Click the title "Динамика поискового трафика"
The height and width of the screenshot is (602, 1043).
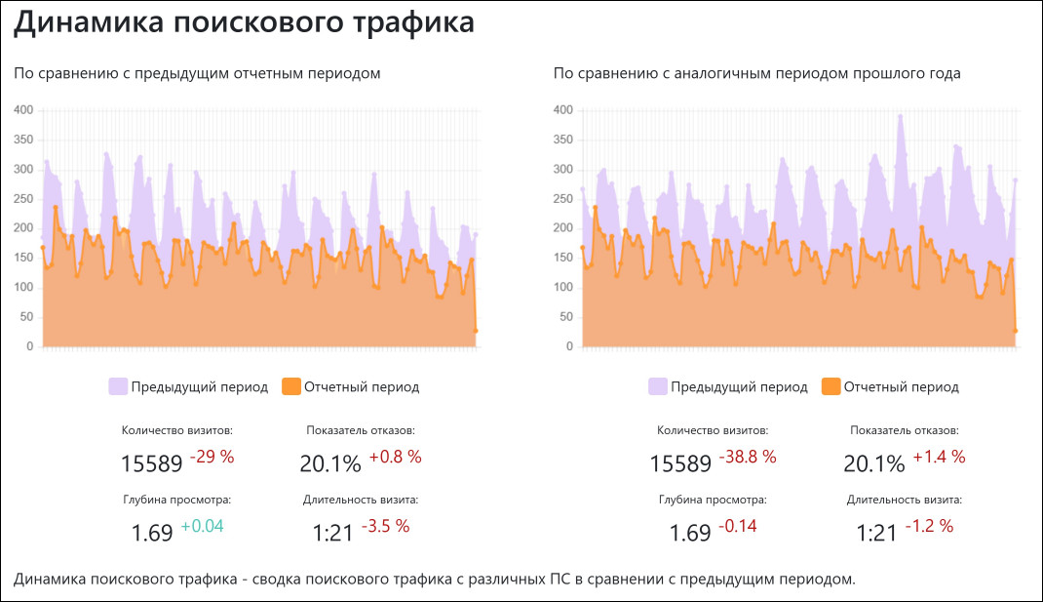pyautogui.click(x=244, y=23)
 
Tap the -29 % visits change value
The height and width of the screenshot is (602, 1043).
pyautogui.click(x=212, y=457)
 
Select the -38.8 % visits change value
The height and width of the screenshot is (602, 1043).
pyautogui.click(x=748, y=457)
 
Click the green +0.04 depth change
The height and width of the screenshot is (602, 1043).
pyautogui.click(x=202, y=527)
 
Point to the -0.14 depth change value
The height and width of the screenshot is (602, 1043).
pyautogui.click(x=737, y=527)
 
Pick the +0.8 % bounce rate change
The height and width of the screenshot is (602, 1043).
pyautogui.click(x=395, y=457)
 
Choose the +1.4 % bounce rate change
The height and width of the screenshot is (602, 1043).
pyautogui.click(x=939, y=457)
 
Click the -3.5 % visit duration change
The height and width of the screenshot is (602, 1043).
pyautogui.click(x=385, y=527)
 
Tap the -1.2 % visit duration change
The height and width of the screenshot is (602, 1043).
pyautogui.click(x=929, y=527)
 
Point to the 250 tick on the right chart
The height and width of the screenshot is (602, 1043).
pyautogui.click(x=563, y=198)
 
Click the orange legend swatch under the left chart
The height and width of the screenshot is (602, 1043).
pyautogui.click(x=290, y=386)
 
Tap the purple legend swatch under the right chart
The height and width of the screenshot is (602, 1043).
pyautogui.click(x=657, y=386)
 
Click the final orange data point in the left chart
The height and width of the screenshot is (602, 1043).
pyautogui.click(x=476, y=331)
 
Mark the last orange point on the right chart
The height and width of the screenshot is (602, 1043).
pyautogui.click(x=1016, y=331)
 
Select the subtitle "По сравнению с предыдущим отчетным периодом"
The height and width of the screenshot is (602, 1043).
pyautogui.click(x=197, y=73)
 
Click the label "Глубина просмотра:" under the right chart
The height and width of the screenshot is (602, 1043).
pyautogui.click(x=712, y=500)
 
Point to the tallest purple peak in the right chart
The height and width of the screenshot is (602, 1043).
pyautogui.click(x=901, y=116)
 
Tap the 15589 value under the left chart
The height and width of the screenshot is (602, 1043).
pyautogui.click(x=152, y=462)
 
